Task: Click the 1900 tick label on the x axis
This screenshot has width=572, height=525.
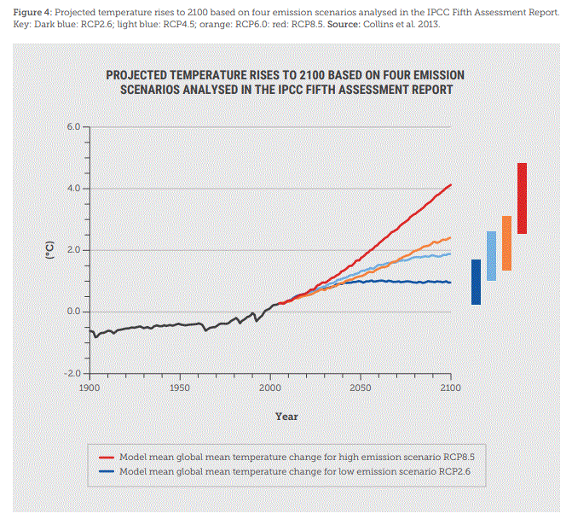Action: click(x=90, y=388)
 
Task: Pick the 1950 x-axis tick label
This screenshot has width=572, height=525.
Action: click(x=180, y=388)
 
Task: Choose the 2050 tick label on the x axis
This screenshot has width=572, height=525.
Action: click(x=360, y=388)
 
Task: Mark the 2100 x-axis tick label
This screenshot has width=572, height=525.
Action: click(x=450, y=388)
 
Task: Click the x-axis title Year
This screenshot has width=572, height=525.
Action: click(x=286, y=417)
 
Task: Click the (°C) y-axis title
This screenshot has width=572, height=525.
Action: click(x=49, y=250)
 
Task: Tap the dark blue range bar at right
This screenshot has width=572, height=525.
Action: click(x=477, y=282)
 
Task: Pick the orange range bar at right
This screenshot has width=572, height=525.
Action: click(x=506, y=243)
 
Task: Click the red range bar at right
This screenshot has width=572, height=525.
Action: click(x=522, y=198)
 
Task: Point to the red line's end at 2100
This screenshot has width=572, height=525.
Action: click(x=450, y=184)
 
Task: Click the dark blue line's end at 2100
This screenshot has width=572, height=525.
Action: click(x=450, y=282)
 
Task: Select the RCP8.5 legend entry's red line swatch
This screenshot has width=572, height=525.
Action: click(x=107, y=458)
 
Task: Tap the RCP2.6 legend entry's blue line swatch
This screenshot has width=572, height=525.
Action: click(x=107, y=471)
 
